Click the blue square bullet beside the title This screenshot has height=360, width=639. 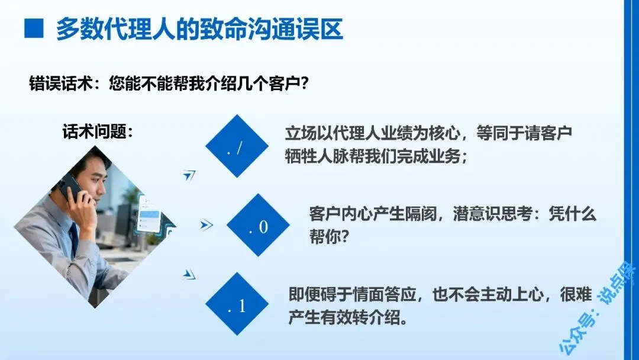34,28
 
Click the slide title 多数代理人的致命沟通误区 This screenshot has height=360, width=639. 199,29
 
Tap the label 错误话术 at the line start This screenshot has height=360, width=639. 61,83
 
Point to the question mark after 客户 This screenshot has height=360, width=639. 304,83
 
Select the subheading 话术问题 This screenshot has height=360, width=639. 98,131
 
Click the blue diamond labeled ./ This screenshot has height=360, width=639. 237,146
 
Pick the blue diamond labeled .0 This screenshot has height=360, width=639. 259,225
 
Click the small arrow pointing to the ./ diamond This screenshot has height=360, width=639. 189,175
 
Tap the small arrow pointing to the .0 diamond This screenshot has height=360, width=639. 206,224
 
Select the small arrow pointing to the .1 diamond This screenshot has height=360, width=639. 189,274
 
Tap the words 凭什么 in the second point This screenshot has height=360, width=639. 572,214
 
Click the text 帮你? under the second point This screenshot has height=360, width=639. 330,236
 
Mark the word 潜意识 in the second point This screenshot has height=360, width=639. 476,214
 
